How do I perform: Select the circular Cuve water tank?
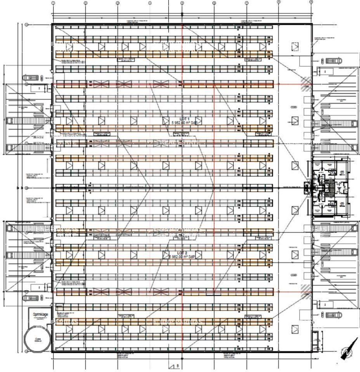pyautogui.click(x=38, y=338)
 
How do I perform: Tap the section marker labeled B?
pyautogui.click(x=174, y=365)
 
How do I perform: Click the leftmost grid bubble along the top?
pyautogui.click(x=53, y=2)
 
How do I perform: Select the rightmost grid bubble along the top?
pyautogui.click(x=311, y=2)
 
